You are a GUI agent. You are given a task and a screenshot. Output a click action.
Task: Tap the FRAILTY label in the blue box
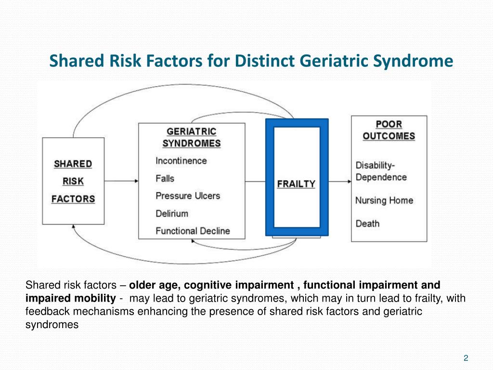point(296,184)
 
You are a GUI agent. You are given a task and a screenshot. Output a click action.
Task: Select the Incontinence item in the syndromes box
point(181,161)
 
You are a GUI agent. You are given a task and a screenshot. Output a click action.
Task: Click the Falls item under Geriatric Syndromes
point(165,179)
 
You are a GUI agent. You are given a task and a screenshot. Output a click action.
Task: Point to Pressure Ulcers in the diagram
point(187,196)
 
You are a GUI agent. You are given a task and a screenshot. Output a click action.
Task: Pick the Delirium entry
point(171,213)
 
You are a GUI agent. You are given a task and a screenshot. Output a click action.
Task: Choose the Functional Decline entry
point(193,231)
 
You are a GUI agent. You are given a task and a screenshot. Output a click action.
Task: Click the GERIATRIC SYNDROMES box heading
point(191,137)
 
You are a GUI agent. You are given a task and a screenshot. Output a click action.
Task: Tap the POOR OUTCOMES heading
point(389,130)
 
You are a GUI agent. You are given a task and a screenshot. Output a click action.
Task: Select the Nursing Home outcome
point(384,200)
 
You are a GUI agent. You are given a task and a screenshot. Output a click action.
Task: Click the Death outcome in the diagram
point(367,224)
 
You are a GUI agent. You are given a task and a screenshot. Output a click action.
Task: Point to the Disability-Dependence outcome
point(381,171)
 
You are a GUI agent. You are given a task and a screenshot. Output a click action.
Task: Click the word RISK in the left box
point(73,181)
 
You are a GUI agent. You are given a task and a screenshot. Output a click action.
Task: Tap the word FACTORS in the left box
point(73,198)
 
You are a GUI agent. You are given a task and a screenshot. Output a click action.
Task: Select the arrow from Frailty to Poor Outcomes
point(340,181)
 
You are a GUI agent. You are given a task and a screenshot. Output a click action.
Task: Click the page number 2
point(466,357)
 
